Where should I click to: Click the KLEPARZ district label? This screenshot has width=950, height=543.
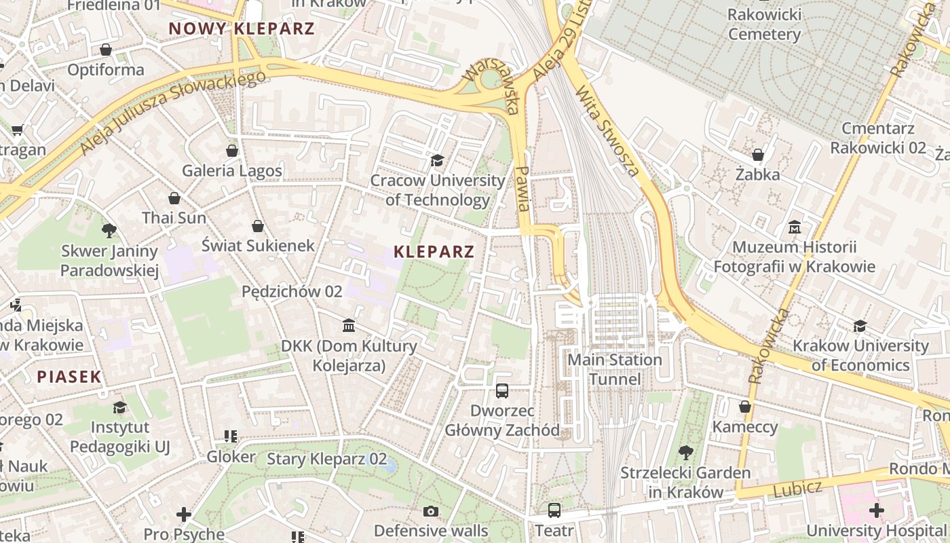pyautogui.click(x=434, y=252)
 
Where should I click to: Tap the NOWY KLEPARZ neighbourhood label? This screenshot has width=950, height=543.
pyautogui.click(x=242, y=29)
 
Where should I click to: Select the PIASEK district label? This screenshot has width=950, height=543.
pyautogui.click(x=69, y=377)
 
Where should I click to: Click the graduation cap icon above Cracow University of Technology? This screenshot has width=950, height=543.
pyautogui.click(x=437, y=160)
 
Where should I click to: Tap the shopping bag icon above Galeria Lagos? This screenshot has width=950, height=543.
pyautogui.click(x=232, y=150)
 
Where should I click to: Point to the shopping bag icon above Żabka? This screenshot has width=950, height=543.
pyautogui.click(x=757, y=155)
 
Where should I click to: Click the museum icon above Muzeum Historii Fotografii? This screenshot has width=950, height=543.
pyautogui.click(x=794, y=227)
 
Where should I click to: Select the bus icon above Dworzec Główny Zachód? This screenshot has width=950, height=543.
pyautogui.click(x=502, y=390)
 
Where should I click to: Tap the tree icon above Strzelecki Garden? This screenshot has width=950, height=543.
pyautogui.click(x=685, y=452)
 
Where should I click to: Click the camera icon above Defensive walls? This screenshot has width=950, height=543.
pyautogui.click(x=430, y=511)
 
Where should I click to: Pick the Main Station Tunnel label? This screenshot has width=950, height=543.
pyautogui.click(x=615, y=369)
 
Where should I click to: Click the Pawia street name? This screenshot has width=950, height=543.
pyautogui.click(x=522, y=189)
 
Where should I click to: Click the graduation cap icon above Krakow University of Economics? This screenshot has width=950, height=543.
pyautogui.click(x=860, y=326)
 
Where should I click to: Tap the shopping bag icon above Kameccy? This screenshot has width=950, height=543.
pyautogui.click(x=744, y=407)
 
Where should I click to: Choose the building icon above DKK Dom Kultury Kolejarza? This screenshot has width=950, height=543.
pyautogui.click(x=349, y=326)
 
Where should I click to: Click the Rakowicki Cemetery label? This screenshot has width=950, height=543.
pyautogui.click(x=764, y=24)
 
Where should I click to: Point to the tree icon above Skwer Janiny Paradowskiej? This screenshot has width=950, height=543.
pyautogui.click(x=109, y=231)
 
